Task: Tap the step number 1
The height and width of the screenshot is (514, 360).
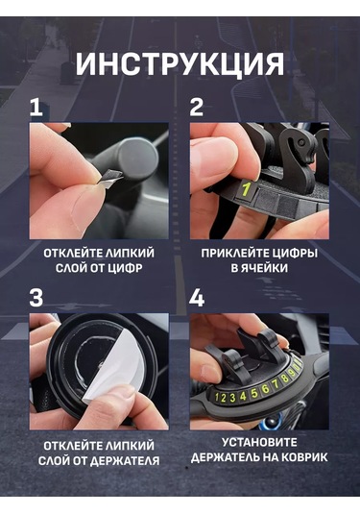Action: (x=36, y=107)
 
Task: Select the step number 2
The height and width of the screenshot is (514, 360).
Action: (x=196, y=107)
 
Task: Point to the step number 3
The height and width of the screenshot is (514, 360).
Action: (x=36, y=297)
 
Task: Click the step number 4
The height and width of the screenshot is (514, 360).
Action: (x=196, y=297)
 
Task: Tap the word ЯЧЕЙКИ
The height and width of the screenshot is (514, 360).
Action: (x=261, y=269)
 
